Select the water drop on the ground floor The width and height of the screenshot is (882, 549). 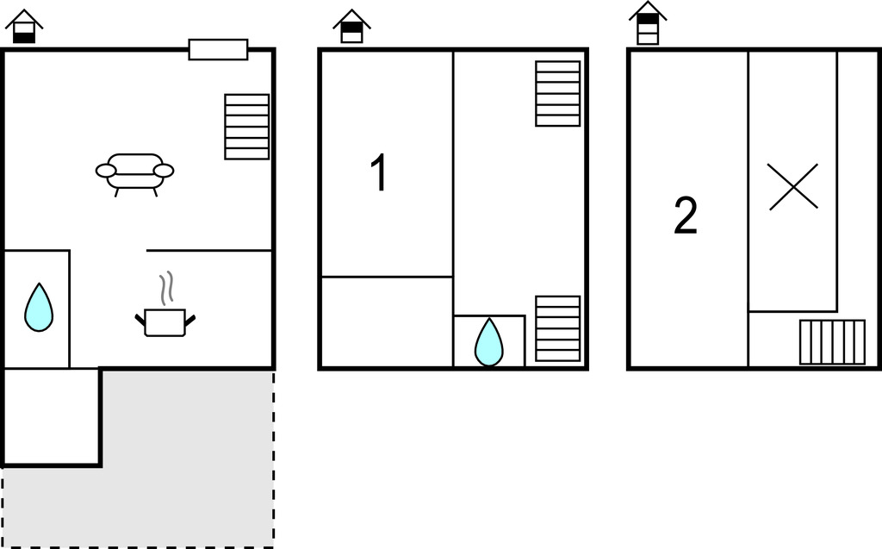pyautogui.click(x=39, y=307)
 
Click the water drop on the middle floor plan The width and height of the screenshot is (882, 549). pyautogui.click(x=489, y=342)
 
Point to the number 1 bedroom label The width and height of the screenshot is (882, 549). pyautogui.click(x=380, y=173)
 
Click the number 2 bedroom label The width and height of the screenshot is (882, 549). pyautogui.click(x=685, y=215)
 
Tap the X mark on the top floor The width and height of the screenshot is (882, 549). pyautogui.click(x=793, y=187)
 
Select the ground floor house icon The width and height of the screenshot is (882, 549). pyautogui.click(x=24, y=27)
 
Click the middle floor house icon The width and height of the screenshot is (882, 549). pyautogui.click(x=351, y=27)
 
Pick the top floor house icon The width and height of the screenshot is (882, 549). pyautogui.click(x=648, y=23)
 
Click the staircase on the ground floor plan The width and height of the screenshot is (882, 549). pyautogui.click(x=247, y=127)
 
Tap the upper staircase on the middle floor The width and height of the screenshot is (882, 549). pyautogui.click(x=557, y=93)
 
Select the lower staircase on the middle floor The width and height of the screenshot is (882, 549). pyautogui.click(x=557, y=329)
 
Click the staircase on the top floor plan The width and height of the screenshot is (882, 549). pyautogui.click(x=833, y=342)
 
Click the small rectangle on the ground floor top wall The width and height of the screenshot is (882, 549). pyautogui.click(x=218, y=49)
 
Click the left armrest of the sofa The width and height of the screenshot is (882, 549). pyautogui.click(x=106, y=171)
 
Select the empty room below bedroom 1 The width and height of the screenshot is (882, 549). pyautogui.click(x=387, y=322)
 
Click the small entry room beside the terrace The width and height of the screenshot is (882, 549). pyautogui.click(x=51, y=416)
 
